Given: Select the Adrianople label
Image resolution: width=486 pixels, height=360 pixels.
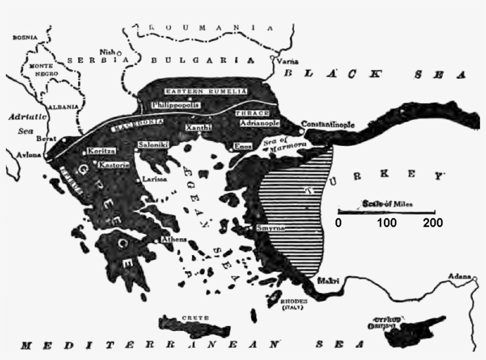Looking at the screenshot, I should tap(260, 123).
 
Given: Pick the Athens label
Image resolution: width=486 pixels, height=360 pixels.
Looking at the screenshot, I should tap(174, 240).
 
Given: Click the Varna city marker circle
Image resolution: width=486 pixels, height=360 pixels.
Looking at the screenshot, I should tap(273, 58).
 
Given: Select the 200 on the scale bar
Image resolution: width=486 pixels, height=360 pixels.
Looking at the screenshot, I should tap(433, 224).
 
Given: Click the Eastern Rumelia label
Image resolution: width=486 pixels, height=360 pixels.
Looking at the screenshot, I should tap(197, 91).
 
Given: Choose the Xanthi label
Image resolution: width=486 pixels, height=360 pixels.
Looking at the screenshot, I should tap(196, 128).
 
